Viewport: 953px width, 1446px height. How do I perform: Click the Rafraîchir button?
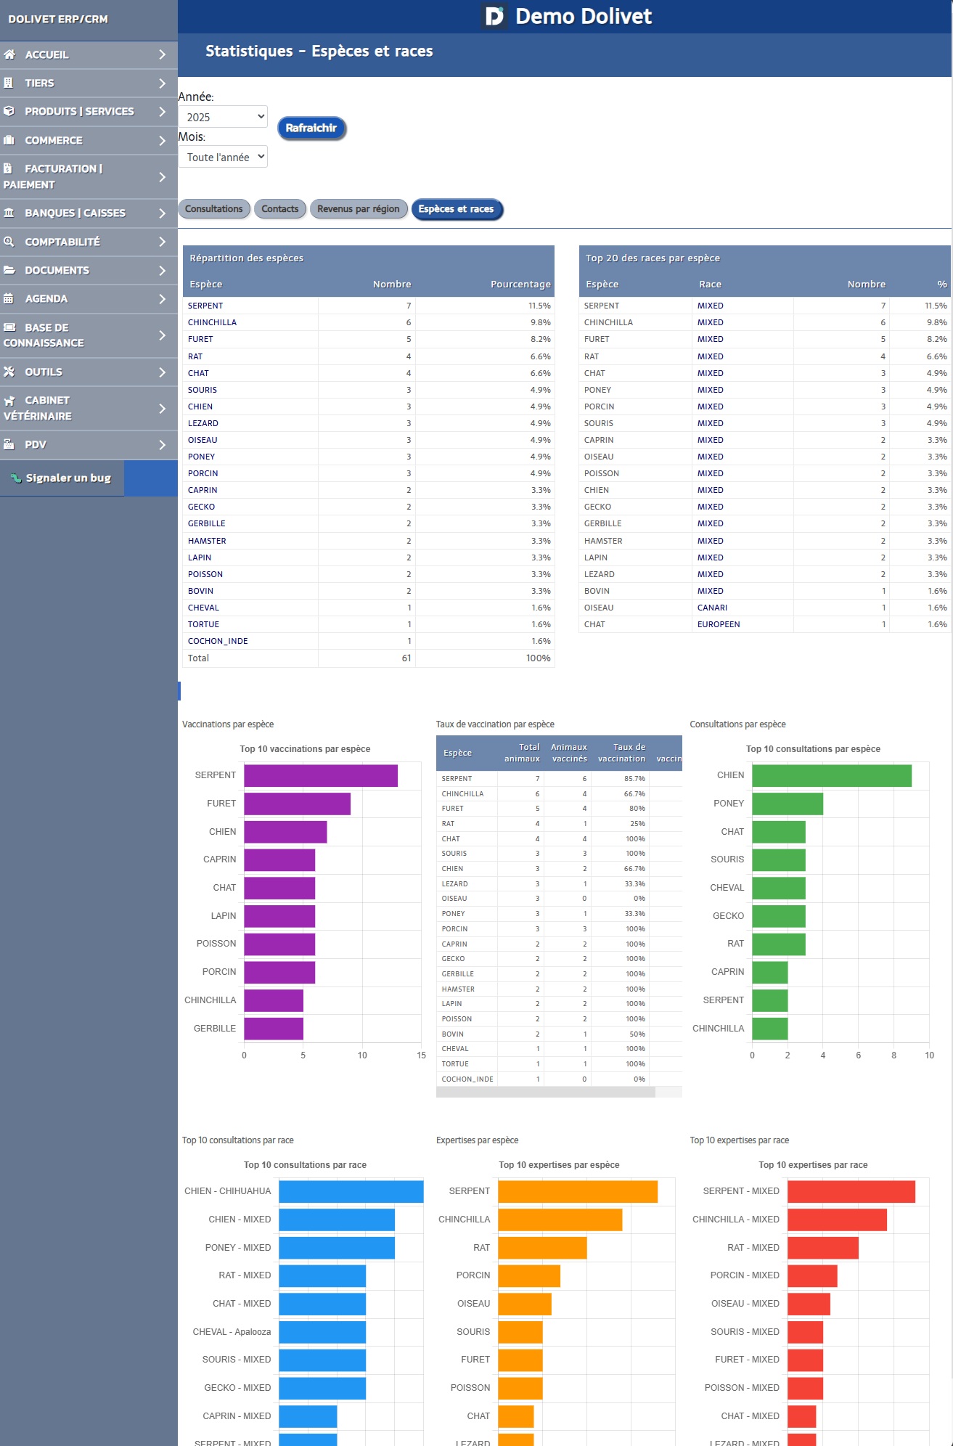point(311,128)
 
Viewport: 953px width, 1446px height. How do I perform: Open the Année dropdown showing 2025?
point(223,117)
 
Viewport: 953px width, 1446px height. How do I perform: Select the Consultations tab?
point(214,209)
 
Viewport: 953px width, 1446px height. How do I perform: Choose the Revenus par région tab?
point(358,209)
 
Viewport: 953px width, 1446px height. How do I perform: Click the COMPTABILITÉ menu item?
point(62,242)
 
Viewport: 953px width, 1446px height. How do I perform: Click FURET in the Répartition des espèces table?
point(200,339)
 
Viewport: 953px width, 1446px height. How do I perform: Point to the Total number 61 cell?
point(406,658)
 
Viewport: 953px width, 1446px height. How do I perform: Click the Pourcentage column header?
point(520,285)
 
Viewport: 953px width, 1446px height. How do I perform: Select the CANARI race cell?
point(712,608)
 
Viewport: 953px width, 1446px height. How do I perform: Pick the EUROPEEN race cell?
point(719,624)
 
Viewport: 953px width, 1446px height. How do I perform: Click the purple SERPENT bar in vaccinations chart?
point(321,775)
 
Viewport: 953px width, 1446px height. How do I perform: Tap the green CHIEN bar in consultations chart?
point(832,775)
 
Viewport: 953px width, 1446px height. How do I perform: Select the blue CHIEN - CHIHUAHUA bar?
point(351,1191)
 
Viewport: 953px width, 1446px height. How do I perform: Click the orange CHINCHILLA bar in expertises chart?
point(560,1220)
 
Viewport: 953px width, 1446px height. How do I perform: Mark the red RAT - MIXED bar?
point(823,1248)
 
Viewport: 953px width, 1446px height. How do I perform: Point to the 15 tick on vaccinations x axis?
point(421,1055)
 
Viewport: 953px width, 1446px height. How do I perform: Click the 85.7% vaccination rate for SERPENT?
point(634,779)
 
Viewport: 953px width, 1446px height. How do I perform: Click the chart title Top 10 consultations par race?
point(305,1165)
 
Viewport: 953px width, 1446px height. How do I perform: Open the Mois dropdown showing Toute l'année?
point(223,157)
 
